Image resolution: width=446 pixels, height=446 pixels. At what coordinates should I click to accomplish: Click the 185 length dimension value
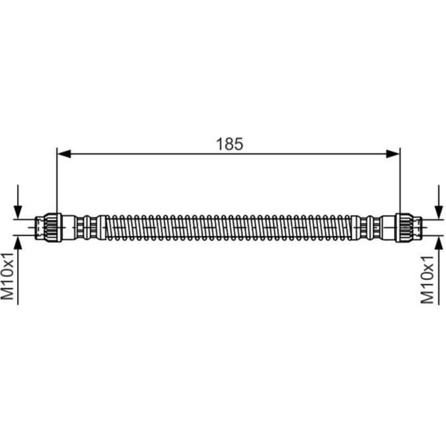[230, 144]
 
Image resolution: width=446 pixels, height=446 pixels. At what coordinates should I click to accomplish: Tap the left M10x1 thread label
[7, 276]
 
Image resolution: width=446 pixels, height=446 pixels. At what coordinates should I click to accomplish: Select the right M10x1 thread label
[428, 279]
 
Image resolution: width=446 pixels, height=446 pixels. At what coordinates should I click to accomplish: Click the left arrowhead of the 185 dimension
[64, 154]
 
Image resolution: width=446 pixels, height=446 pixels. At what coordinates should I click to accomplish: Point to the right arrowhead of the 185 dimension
[393, 154]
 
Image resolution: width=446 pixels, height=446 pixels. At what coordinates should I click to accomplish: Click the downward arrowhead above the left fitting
[18, 213]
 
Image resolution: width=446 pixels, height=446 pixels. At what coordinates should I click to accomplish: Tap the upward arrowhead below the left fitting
[18, 242]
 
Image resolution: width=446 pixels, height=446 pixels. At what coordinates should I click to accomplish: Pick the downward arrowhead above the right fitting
[439, 213]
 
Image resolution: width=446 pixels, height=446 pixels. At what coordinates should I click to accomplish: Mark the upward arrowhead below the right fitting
[439, 243]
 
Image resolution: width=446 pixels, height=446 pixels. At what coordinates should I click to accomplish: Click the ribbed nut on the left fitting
[52, 228]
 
